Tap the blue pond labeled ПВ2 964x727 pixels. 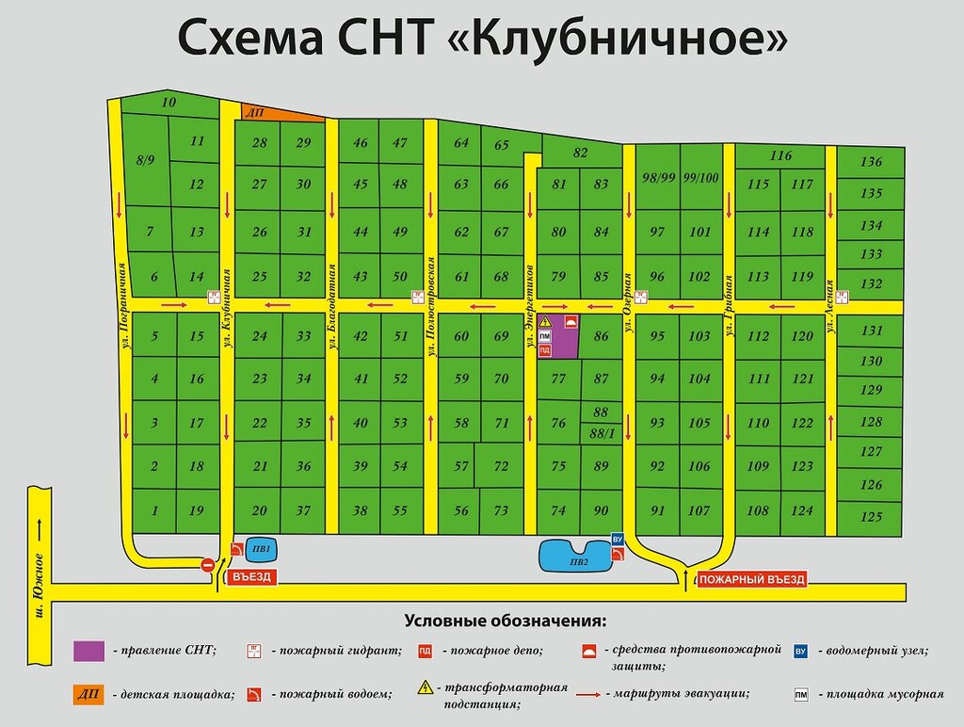pos(576,556)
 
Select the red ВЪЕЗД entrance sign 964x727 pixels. pos(250,577)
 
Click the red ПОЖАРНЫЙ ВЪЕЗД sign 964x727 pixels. pos(752,579)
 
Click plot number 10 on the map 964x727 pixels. pos(169,103)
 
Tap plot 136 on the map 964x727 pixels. pos(871,162)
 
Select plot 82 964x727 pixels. pos(580,153)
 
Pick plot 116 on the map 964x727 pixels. pos(780,155)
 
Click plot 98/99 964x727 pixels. pos(659,178)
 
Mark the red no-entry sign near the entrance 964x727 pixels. pos(208,564)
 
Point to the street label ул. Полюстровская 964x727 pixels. pos(430,305)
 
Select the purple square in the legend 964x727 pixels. pos(89,650)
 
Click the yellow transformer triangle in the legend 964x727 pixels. pos(425,687)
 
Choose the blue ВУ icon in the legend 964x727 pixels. pos(801,650)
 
